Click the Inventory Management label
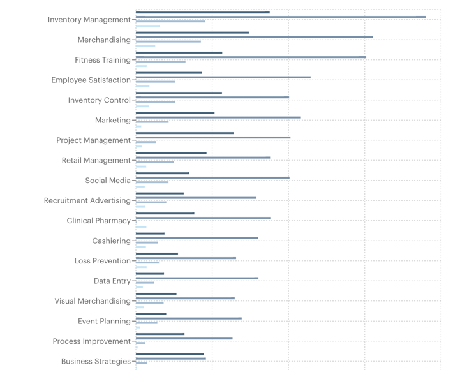[89, 20]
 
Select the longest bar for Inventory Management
[281, 17]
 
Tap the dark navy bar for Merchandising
[192, 33]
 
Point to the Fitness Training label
[102, 60]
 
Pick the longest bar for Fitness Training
[251, 57]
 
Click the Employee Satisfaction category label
[91, 80]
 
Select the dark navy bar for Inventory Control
[179, 93]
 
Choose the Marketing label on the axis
[112, 121]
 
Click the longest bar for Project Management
[213, 137]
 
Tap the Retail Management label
[96, 161]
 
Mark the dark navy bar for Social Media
[162, 173]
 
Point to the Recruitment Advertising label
[87, 201]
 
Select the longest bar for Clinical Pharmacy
[203, 218]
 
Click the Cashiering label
[111, 241]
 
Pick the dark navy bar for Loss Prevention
[157, 253]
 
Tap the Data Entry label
[112, 281]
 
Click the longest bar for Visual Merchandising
[185, 298]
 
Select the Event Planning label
[104, 322]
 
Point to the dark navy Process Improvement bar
[160, 334]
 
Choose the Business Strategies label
[96, 362]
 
